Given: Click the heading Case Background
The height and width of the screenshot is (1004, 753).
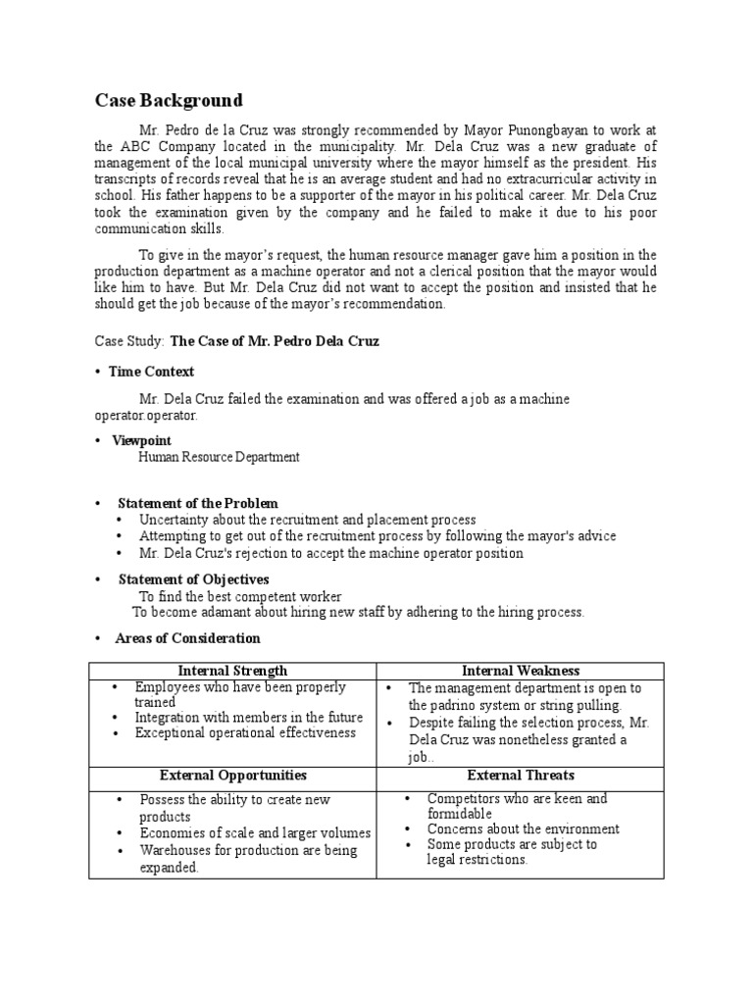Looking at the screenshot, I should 168,101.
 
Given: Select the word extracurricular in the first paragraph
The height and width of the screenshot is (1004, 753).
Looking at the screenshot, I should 548,179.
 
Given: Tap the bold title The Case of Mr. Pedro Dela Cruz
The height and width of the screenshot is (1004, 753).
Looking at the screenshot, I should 275,341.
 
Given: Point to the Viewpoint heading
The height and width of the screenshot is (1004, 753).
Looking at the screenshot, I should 141,441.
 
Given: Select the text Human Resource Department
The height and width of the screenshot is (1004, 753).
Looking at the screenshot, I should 219,457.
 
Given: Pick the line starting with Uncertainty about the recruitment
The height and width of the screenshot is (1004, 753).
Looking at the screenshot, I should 307,520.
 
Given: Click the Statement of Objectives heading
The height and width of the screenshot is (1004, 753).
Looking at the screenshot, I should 193,579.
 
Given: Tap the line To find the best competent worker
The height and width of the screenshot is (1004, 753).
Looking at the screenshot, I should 240,596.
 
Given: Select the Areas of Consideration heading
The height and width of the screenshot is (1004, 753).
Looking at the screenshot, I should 187,638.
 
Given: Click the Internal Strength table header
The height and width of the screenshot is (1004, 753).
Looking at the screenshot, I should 232,671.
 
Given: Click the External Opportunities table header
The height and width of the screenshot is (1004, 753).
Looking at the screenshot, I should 232,775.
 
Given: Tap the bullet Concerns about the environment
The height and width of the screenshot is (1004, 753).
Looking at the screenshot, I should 523,828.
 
